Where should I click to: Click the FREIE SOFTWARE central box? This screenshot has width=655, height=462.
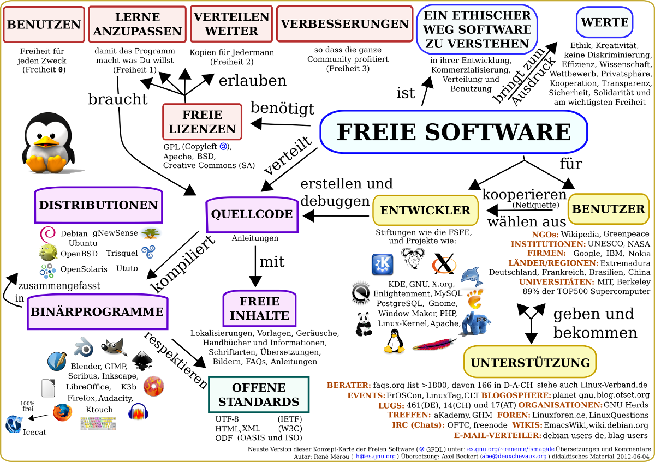(x=454, y=132)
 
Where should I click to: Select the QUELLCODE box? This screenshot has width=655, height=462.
(x=252, y=214)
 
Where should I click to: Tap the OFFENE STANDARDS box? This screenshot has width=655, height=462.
(x=259, y=395)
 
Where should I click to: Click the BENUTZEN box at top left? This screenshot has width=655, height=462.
(x=44, y=25)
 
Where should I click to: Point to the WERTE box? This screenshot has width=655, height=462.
(x=604, y=23)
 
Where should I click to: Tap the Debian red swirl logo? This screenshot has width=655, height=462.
(x=47, y=235)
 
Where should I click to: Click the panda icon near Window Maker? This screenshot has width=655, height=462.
(x=364, y=323)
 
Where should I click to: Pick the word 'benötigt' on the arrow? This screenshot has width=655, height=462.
(x=282, y=109)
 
